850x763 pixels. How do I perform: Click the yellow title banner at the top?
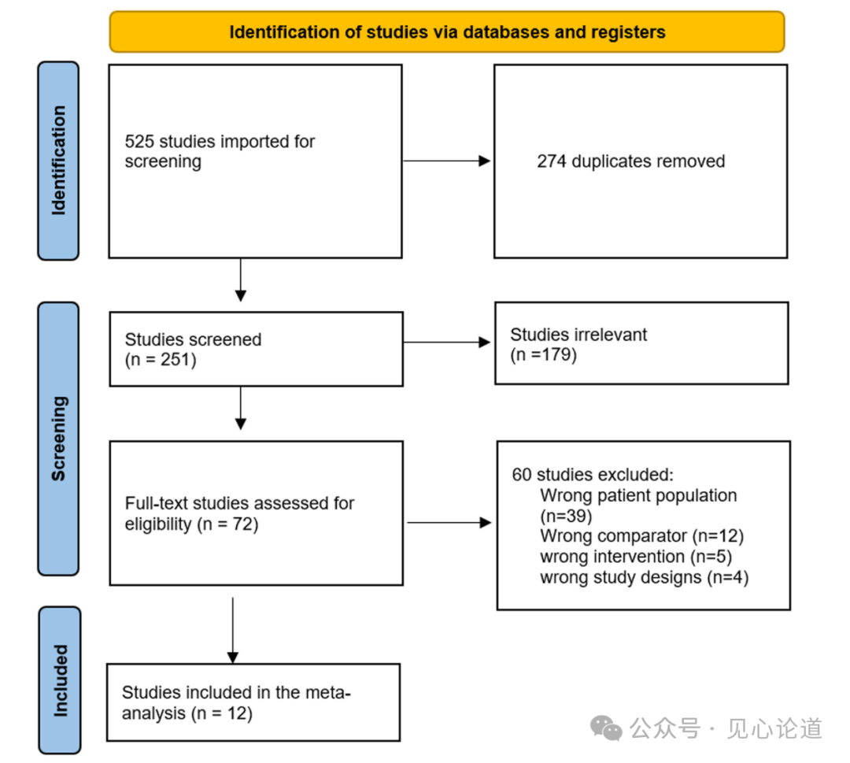(x=447, y=32)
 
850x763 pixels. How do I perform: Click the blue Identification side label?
(x=58, y=161)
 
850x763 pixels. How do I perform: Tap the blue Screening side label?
(x=58, y=439)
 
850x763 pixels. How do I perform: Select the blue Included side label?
(x=60, y=680)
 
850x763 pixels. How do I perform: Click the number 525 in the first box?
(x=139, y=142)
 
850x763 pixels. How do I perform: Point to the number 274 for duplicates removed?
(x=552, y=161)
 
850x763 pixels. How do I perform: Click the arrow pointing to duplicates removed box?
(x=447, y=161)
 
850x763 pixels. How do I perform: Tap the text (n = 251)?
(x=161, y=360)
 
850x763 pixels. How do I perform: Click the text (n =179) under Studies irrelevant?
(x=543, y=354)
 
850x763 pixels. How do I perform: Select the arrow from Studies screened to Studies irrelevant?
(x=447, y=343)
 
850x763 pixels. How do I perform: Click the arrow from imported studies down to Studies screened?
(x=241, y=280)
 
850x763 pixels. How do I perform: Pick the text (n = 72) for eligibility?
(x=227, y=524)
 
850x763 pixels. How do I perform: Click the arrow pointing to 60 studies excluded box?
(x=449, y=523)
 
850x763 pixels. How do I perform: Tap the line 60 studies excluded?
(x=593, y=475)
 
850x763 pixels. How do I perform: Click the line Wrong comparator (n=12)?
(x=642, y=536)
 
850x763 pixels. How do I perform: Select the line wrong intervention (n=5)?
(x=636, y=557)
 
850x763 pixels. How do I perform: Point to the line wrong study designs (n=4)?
(x=644, y=577)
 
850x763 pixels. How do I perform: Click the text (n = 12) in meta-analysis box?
(x=222, y=713)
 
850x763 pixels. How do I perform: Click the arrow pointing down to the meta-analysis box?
(x=232, y=630)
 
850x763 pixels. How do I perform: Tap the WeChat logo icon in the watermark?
(x=606, y=728)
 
